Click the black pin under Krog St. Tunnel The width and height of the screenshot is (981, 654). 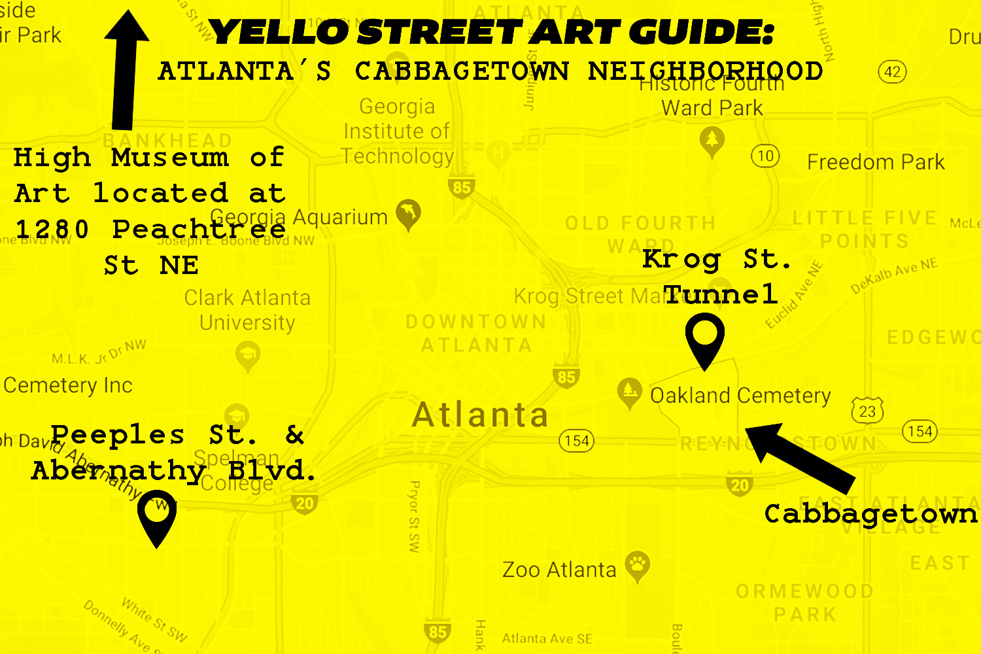pos(704,337)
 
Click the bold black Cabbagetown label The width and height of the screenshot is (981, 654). pos(870,514)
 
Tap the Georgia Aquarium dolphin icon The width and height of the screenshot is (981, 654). pos(409,213)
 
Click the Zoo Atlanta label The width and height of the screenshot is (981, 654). pos(559,570)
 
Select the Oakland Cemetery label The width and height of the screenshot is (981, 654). pos(740,396)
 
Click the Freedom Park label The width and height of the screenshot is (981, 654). pos(876,162)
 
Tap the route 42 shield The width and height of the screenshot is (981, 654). pos(893,71)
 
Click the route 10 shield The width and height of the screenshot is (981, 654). pos(765,156)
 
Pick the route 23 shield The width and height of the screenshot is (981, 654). pos(867,411)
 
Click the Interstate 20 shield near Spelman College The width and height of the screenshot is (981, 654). pos(305,503)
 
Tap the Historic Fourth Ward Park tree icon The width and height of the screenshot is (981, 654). pos(712,140)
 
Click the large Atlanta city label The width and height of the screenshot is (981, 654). pos(481,415)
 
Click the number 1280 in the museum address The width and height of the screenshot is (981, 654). pos(52,230)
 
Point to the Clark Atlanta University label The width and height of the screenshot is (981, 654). pos(247,310)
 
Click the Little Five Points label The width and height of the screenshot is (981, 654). pos(865,229)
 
